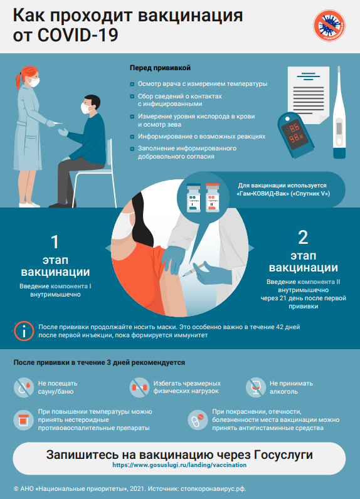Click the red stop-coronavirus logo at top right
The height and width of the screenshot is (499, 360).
tap(329, 26)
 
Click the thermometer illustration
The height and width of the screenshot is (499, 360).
tap(339, 112)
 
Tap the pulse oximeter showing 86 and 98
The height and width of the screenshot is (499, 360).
tap(295, 135)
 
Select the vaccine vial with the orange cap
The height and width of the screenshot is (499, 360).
tap(213, 197)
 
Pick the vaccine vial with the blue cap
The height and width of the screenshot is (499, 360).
tap(194, 197)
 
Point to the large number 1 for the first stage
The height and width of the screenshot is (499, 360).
tap(55, 242)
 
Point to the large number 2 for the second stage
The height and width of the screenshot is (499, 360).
tap(303, 238)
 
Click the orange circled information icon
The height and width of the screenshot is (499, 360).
tap(24, 331)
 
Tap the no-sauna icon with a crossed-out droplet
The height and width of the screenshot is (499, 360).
tap(24, 387)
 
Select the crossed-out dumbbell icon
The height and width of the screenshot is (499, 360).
tap(139, 387)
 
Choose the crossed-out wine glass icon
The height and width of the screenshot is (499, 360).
tap(256, 387)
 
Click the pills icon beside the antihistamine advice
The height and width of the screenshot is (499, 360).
tap(198, 420)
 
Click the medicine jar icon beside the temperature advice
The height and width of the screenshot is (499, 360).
tap(24, 420)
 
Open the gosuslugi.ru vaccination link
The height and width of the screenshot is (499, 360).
tap(179, 465)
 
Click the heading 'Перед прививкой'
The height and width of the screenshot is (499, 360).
tap(160, 68)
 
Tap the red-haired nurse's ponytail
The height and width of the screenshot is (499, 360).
tap(19, 81)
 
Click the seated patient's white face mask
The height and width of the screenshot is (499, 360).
tap(85, 108)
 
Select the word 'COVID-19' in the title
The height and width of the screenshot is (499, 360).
tap(78, 34)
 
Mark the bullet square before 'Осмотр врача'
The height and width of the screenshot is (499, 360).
tap(132, 85)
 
